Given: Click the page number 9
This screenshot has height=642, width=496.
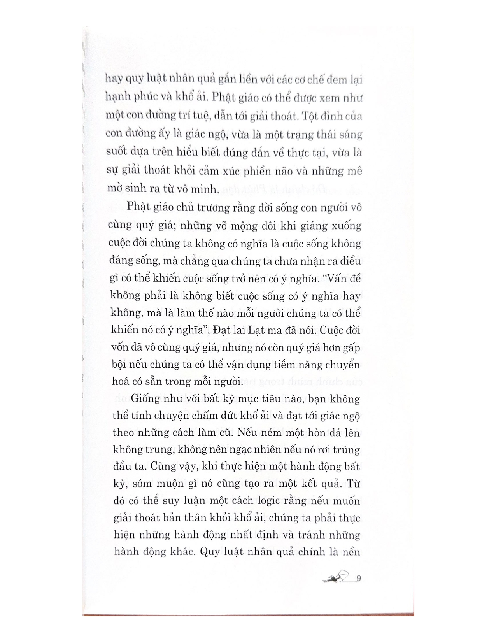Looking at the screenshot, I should [359, 579].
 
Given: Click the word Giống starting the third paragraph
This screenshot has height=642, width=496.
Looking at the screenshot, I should [147, 399].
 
